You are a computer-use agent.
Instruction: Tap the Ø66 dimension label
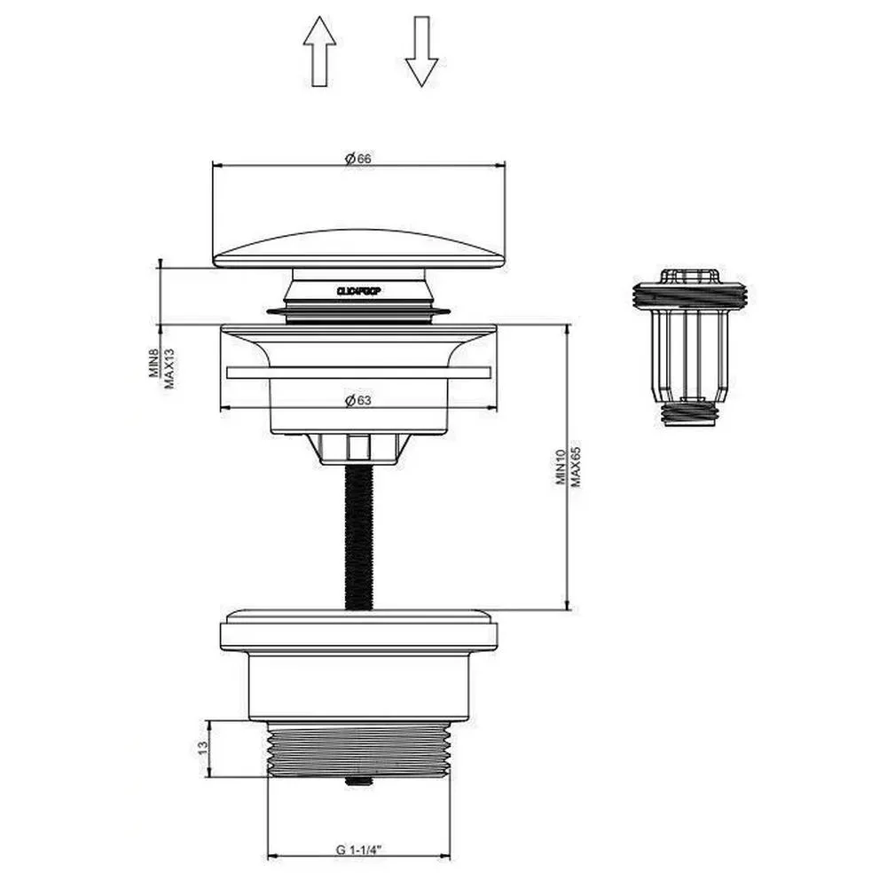(x=358, y=158)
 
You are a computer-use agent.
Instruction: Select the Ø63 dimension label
(x=358, y=400)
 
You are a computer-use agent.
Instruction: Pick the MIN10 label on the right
(x=561, y=467)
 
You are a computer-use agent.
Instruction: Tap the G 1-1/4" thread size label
(x=358, y=849)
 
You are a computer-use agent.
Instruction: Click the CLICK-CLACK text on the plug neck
(x=359, y=290)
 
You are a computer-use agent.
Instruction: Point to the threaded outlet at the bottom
(x=359, y=750)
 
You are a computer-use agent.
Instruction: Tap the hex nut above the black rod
(x=359, y=447)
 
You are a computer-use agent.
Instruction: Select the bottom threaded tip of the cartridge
(x=690, y=414)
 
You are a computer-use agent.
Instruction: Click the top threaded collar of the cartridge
(x=690, y=294)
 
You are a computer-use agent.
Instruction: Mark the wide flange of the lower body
(x=359, y=632)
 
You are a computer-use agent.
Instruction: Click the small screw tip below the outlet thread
(x=359, y=782)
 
